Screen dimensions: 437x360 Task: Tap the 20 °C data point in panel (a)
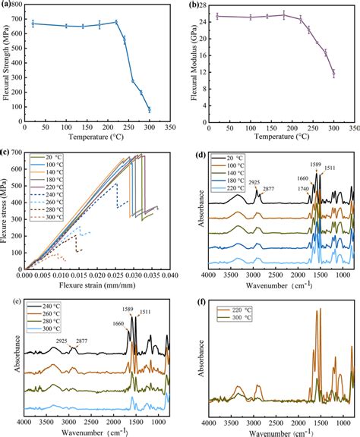click(33, 24)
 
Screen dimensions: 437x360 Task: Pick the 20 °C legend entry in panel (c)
click(56, 158)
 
